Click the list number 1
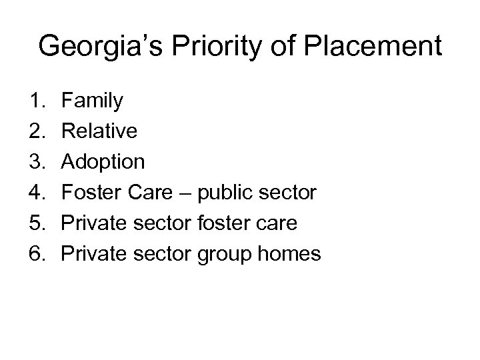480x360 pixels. (x=37, y=101)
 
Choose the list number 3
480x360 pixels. (x=37, y=162)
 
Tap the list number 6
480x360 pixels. (x=37, y=254)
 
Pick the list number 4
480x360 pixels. (x=37, y=193)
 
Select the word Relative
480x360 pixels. (x=99, y=131)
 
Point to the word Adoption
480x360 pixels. (x=103, y=162)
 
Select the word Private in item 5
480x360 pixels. (x=93, y=223)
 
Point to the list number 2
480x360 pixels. (x=37, y=131)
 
